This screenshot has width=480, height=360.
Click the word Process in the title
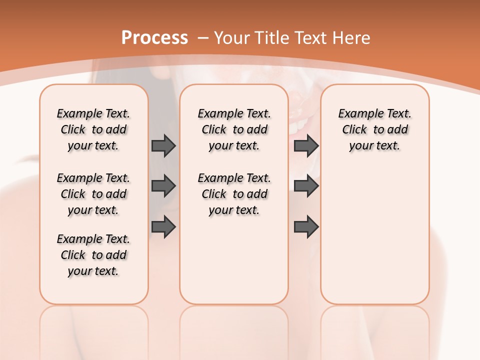[x=154, y=37]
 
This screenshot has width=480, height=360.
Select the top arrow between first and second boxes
[x=163, y=145]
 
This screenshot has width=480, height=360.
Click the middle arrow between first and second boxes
[x=163, y=186]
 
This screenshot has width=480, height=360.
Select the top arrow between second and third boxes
[x=306, y=145]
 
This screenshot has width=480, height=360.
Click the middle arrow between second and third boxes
[x=306, y=186]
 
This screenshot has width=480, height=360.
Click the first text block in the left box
[x=93, y=129]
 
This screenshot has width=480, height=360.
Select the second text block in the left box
[x=93, y=194]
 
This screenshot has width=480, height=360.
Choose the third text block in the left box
[x=93, y=255]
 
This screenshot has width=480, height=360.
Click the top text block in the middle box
[x=234, y=129]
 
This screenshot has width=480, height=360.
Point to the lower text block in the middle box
[x=234, y=194]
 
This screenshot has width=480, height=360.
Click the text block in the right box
[x=374, y=129]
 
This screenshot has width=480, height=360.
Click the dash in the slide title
[x=202, y=38]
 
